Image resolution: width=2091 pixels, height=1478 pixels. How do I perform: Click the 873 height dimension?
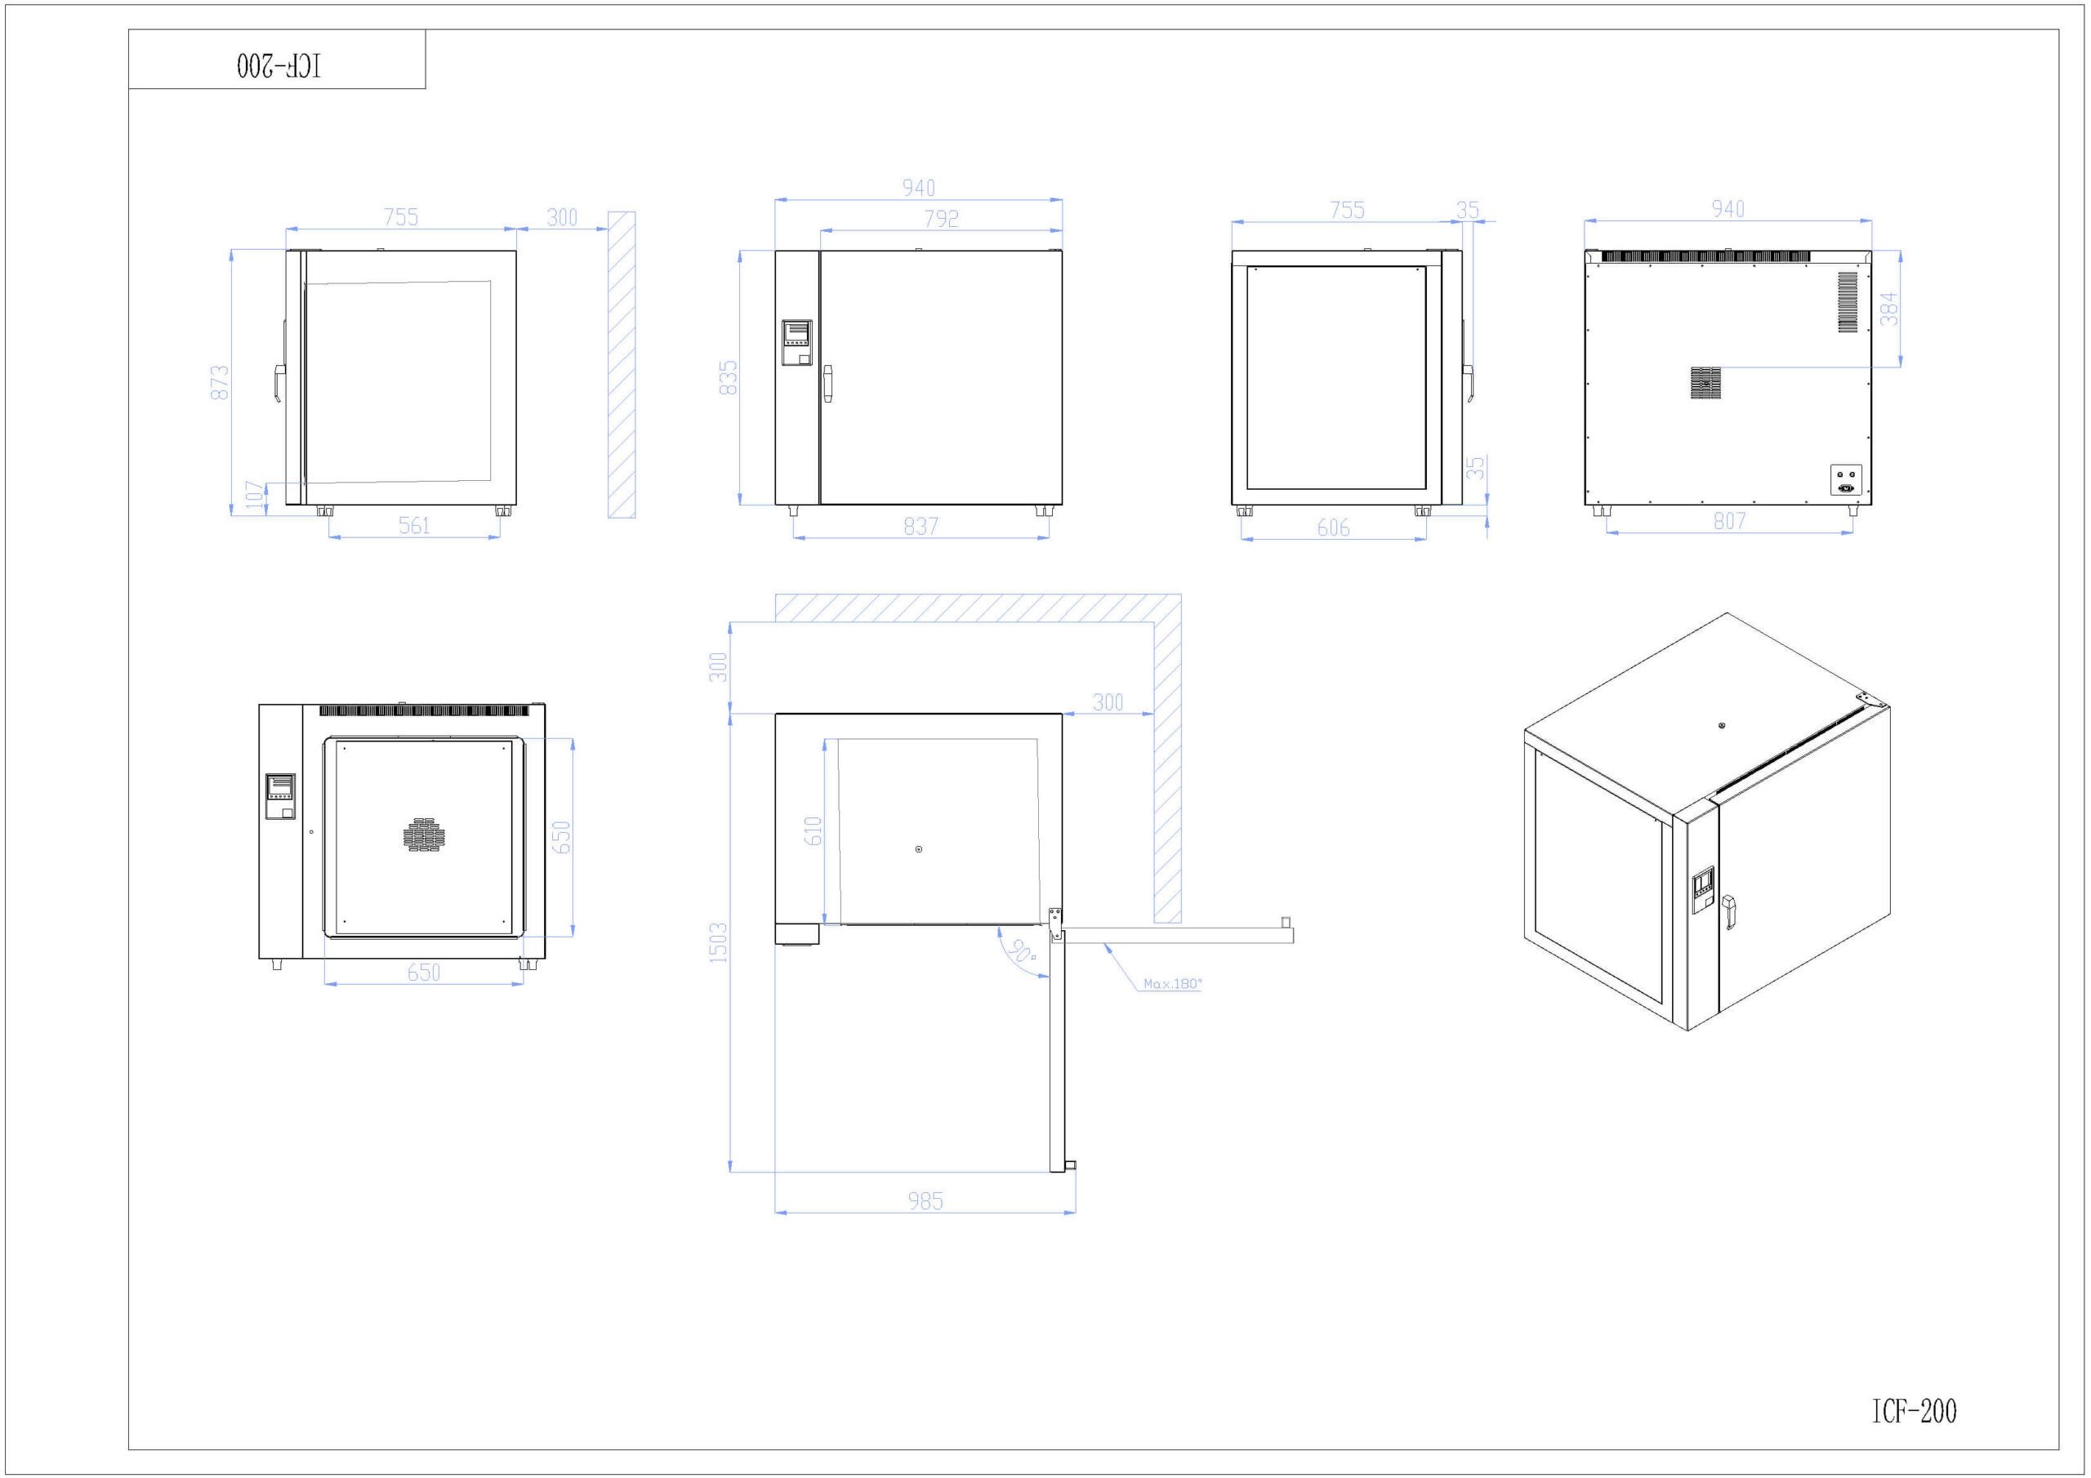pyautogui.click(x=220, y=382)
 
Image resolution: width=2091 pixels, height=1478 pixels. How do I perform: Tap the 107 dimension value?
pyautogui.click(x=255, y=496)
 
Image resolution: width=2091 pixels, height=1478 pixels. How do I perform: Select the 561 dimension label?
pyautogui.click(x=414, y=525)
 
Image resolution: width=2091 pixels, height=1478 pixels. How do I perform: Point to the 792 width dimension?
pyautogui.click(x=942, y=219)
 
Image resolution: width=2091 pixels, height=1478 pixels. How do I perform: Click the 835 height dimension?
pyautogui.click(x=728, y=378)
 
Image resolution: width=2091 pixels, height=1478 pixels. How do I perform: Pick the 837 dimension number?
pyautogui.click(x=921, y=527)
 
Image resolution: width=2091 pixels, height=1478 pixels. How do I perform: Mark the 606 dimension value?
pyautogui.click(x=1333, y=528)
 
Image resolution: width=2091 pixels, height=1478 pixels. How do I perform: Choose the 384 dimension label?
pyautogui.click(x=1890, y=309)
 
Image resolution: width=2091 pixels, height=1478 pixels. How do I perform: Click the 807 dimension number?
pyautogui.click(x=1729, y=521)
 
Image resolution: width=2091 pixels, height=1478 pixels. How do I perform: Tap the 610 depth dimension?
pyautogui.click(x=814, y=830)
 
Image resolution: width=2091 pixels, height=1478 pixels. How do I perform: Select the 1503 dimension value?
pyautogui.click(x=719, y=942)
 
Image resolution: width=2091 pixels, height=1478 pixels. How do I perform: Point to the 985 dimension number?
pyautogui.click(x=925, y=1201)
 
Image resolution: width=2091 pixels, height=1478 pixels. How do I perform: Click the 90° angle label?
pyautogui.click(x=1023, y=951)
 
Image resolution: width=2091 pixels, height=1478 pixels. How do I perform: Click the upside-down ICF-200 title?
pyautogui.click(x=279, y=65)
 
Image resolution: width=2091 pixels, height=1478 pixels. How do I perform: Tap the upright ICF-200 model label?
pyautogui.click(x=1914, y=1410)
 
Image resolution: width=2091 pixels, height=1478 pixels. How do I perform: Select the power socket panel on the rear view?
pyautogui.click(x=1846, y=480)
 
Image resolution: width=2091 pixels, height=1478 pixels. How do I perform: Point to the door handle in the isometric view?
pyautogui.click(x=1728, y=911)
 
